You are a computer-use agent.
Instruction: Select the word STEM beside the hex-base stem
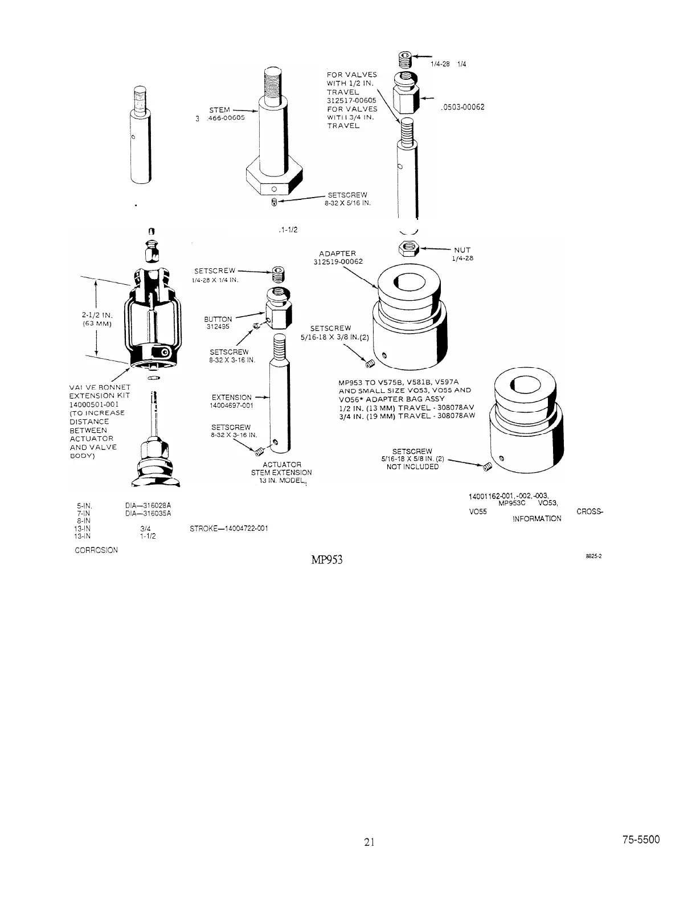tap(219, 110)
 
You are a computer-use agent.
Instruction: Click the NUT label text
tap(462, 249)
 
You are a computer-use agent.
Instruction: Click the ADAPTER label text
tap(337, 253)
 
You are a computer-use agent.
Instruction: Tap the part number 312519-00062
tap(338, 262)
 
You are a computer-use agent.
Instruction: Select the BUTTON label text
tap(218, 320)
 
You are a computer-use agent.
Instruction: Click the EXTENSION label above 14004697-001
tap(231, 398)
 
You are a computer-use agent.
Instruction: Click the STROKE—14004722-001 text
tap(228, 529)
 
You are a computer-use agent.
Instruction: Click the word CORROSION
tap(96, 550)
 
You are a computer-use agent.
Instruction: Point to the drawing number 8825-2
tap(594, 558)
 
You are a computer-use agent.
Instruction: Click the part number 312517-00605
tap(351, 100)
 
